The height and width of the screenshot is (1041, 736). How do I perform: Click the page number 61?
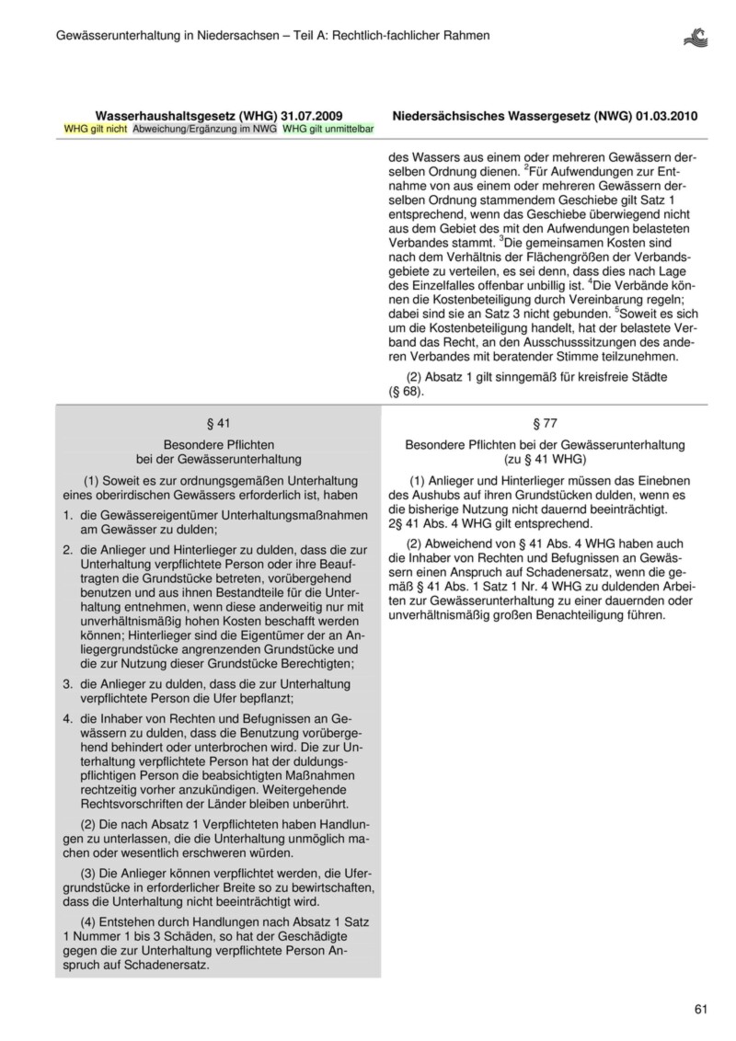[701, 1010]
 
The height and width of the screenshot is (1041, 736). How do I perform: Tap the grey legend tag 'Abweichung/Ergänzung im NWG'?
[205, 130]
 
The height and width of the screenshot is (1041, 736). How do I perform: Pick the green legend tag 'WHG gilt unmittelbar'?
[328, 130]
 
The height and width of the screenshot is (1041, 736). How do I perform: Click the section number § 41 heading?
[218, 423]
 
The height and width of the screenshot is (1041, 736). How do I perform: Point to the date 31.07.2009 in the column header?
[313, 116]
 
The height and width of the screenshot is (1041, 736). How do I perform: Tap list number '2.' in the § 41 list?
[68, 548]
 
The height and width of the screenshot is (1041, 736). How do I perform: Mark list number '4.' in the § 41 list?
[68, 718]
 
